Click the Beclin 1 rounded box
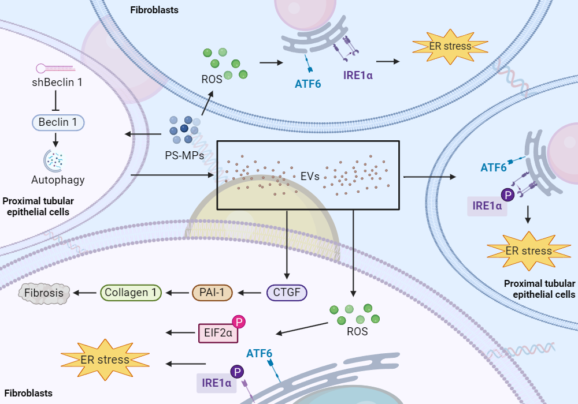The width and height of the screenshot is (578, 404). point(58,122)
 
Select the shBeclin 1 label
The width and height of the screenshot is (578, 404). point(57,82)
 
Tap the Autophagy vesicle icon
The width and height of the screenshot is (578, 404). point(54,160)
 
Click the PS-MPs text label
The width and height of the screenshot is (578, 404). point(184,155)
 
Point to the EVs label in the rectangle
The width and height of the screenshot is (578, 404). point(310,176)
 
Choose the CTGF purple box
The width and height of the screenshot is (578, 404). point(287,293)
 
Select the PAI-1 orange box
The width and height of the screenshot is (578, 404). point(212,293)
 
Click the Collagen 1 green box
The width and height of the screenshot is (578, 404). point(131,293)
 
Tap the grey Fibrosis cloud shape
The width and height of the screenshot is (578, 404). point(44,293)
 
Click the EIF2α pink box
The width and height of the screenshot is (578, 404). point(218,333)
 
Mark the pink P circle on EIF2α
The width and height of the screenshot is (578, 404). point(239,322)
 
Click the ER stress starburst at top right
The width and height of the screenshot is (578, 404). point(450,47)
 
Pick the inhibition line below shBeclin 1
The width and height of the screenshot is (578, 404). point(55,100)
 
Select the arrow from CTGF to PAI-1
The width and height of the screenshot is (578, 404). point(250,293)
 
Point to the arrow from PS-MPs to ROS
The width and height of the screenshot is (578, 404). point(207,103)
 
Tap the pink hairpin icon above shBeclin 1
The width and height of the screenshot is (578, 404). point(55,68)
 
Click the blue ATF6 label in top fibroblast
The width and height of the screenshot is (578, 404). point(308,84)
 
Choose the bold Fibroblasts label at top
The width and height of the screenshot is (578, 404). point(154,10)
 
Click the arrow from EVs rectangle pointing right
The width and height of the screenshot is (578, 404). point(430,177)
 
